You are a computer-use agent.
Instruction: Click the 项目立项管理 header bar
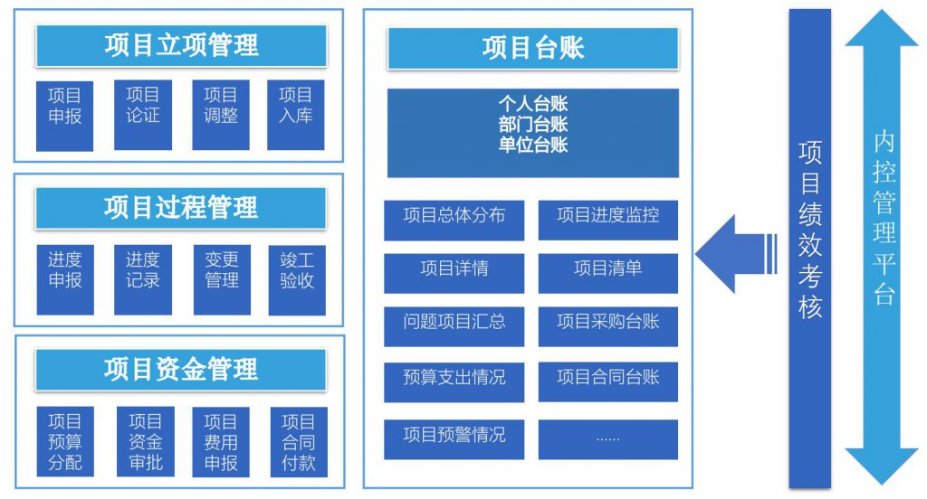181,45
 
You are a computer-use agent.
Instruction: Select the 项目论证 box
143,115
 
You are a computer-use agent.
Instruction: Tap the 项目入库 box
296,115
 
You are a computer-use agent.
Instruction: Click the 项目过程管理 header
181,208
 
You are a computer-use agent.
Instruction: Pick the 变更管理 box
222,280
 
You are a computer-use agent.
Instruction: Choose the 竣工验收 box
297,280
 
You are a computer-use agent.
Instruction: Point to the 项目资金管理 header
181,370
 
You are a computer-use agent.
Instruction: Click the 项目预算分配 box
65,442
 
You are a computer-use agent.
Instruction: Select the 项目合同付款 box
299,442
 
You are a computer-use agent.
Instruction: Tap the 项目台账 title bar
532,49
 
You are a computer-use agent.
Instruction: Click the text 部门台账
532,124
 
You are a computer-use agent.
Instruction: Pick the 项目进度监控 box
607,221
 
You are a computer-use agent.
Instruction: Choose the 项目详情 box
454,273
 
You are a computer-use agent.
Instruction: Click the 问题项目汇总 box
454,326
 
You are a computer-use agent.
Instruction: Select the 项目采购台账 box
607,326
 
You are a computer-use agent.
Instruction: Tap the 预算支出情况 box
454,382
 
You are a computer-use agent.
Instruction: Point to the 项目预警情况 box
454,439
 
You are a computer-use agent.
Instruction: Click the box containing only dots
607,439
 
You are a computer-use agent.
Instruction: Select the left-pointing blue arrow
736,254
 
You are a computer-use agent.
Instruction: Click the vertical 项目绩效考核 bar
810,249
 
